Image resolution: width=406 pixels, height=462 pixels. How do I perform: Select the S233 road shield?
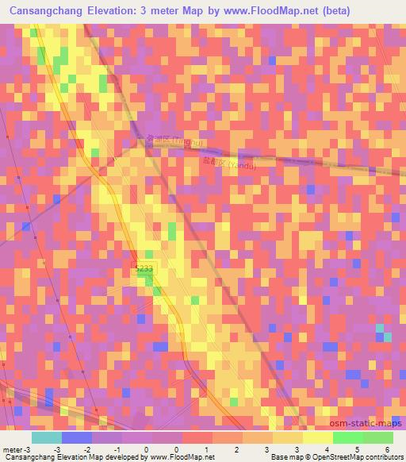[144, 270]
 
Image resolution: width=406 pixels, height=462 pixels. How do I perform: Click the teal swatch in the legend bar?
[46, 437]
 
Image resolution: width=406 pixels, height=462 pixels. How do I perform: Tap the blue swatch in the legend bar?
[76, 437]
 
